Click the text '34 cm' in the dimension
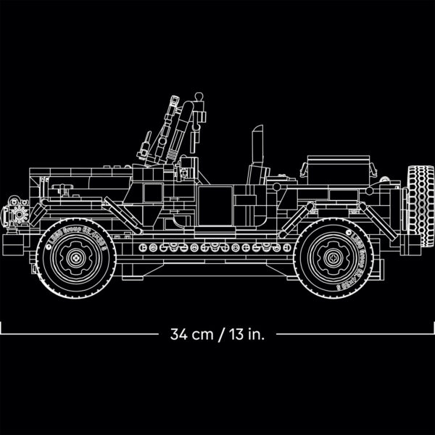(189, 334)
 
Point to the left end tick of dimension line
(1, 334)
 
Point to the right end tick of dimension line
(433, 334)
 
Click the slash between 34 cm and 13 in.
(217, 334)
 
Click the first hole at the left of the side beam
(142, 247)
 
